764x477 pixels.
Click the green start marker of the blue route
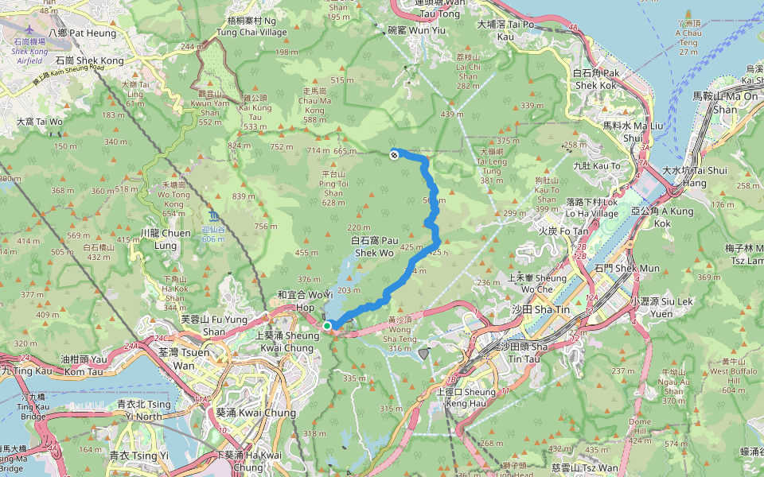327,325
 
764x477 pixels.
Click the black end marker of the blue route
394,154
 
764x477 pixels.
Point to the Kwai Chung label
245,413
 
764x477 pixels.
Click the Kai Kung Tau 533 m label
255,117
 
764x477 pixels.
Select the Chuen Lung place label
164,238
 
